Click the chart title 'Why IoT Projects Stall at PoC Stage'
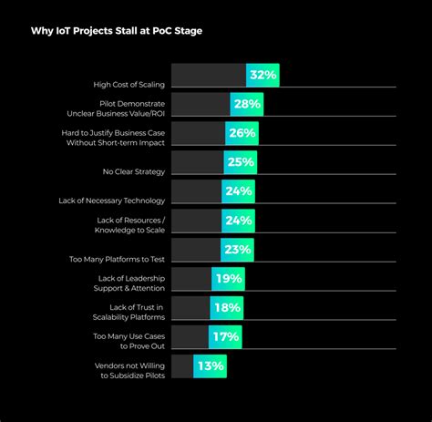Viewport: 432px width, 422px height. (x=117, y=31)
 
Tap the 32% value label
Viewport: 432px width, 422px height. (x=262, y=76)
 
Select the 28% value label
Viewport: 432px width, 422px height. (x=248, y=105)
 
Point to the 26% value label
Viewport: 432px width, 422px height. (x=242, y=134)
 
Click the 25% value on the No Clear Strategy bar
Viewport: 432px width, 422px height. (x=241, y=163)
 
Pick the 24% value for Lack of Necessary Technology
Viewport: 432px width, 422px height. (x=239, y=191)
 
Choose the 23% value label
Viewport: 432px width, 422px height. (x=237, y=250)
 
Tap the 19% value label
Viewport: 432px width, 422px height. (x=228, y=279)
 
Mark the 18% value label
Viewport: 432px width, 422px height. (x=226, y=308)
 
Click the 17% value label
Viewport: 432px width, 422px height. (x=224, y=337)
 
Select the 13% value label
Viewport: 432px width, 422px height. (x=211, y=366)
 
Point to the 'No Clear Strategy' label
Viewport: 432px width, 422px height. (x=134, y=170)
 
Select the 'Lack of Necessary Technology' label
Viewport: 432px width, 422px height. (x=119, y=200)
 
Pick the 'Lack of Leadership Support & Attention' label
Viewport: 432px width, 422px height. (x=131, y=283)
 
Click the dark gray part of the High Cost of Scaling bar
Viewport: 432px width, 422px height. (x=208, y=76)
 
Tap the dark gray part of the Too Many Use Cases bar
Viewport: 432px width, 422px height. (x=190, y=337)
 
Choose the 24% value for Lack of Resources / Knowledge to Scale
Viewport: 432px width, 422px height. (x=239, y=221)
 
